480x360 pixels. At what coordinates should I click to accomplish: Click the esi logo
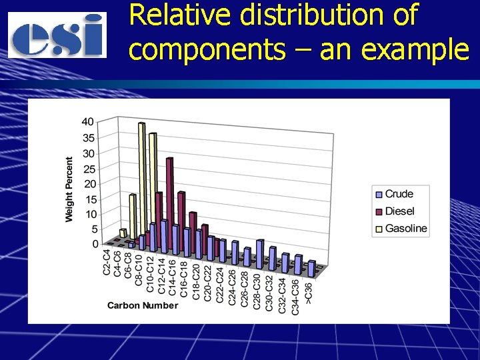[58, 35]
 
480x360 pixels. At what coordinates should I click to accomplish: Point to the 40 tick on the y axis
[88, 122]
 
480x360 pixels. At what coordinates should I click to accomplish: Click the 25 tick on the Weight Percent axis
[88, 169]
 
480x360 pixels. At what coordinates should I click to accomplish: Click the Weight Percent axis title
[69, 190]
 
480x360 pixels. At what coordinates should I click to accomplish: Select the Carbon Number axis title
[143, 305]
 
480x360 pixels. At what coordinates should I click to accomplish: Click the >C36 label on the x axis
[307, 293]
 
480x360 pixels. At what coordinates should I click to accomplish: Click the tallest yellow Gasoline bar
[141, 180]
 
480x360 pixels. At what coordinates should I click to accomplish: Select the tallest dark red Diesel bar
[169, 200]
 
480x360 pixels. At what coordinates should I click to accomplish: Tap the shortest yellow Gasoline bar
[123, 233]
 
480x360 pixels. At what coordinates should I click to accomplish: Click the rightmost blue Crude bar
[311, 268]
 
